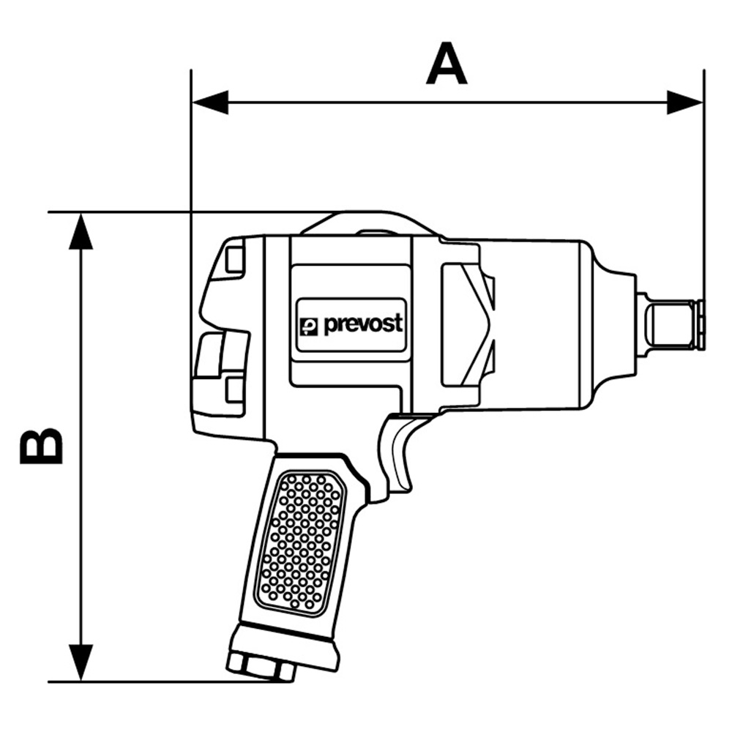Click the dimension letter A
pyautogui.click(x=447, y=64)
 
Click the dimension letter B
pyautogui.click(x=41, y=446)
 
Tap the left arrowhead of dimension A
pyautogui.click(x=209, y=102)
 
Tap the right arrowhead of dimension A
pyautogui.click(x=684, y=102)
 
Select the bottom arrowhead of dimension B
pyautogui.click(x=81, y=662)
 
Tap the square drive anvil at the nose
pyautogui.click(x=670, y=324)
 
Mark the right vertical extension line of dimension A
pyautogui.click(x=703, y=183)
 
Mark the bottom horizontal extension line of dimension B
pyautogui.click(x=146, y=681)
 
